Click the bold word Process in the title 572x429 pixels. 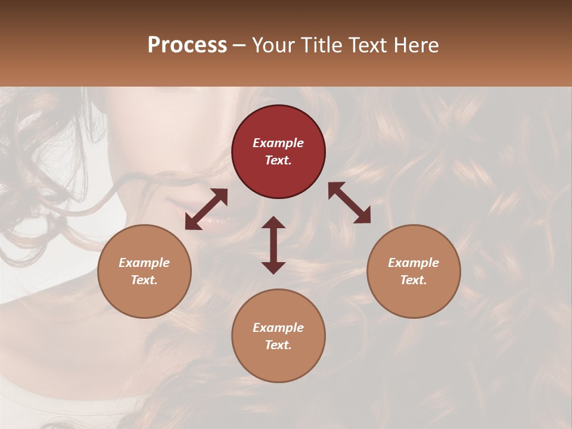click(187, 45)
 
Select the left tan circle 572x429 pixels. click(144, 271)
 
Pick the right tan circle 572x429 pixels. click(414, 271)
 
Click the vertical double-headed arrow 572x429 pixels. click(273, 245)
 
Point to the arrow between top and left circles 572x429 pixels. click(206, 209)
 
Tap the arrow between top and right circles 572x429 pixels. click(349, 203)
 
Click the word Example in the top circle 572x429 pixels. click(278, 143)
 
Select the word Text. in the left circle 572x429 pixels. click(144, 280)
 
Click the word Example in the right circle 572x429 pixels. click(414, 263)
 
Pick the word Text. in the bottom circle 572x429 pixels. click(278, 345)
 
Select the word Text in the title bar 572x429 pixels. click(369, 45)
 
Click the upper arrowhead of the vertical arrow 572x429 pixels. click(273, 222)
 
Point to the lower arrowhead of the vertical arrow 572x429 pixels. click(273, 268)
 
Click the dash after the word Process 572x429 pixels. click(240, 46)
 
